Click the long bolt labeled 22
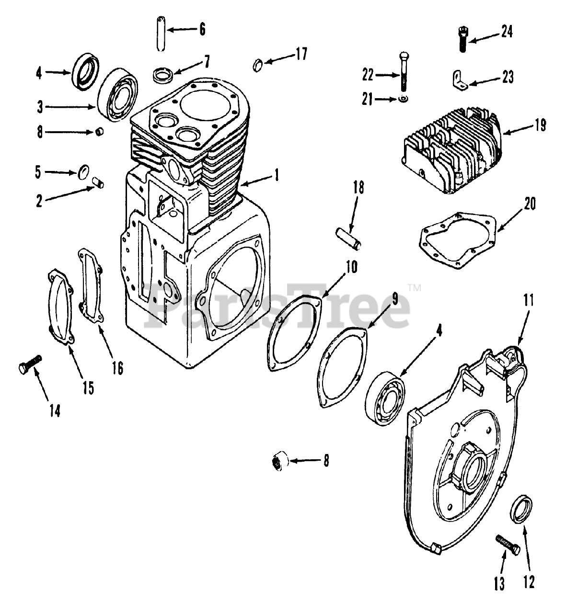404,72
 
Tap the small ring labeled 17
258,64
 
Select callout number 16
117,368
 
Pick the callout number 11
528,301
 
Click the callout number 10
351,267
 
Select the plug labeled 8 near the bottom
279,462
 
